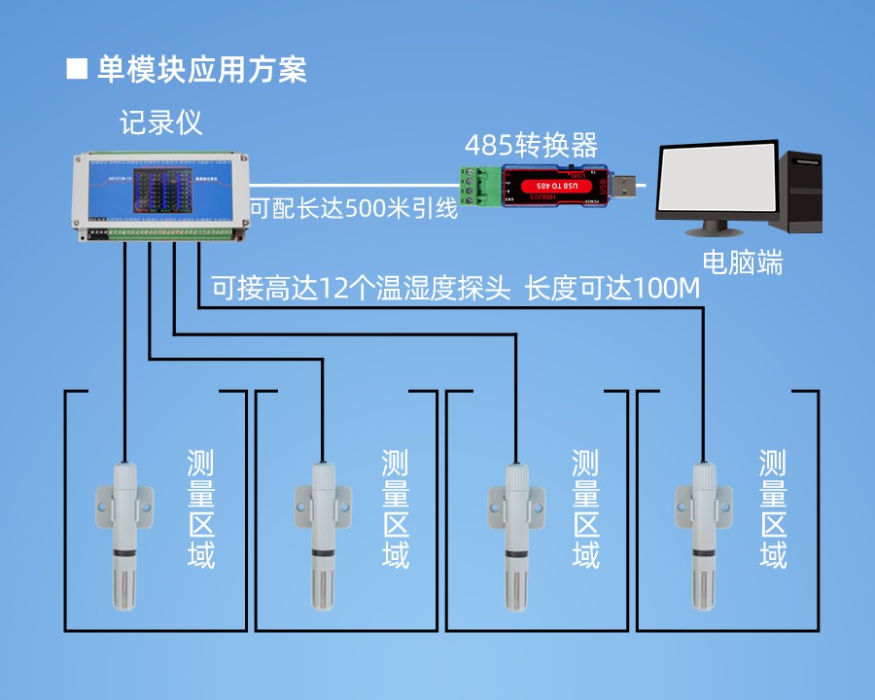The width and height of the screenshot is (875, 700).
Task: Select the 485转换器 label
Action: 530,146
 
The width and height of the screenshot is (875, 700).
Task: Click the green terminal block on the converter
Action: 480,187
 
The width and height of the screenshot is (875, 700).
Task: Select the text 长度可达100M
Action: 612,289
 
